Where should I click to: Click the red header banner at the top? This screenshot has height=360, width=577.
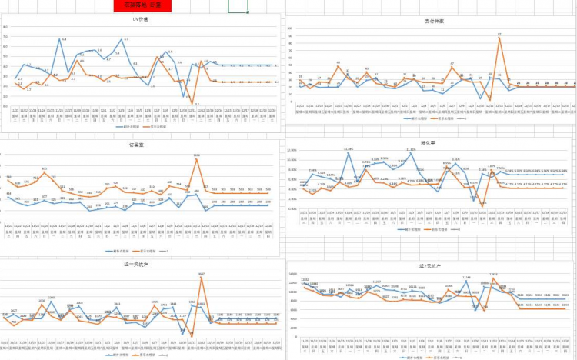[141, 5]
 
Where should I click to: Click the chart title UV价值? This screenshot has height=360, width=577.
[141, 20]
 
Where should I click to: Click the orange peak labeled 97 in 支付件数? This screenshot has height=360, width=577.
[499, 38]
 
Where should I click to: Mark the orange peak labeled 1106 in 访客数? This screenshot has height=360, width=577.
[197, 159]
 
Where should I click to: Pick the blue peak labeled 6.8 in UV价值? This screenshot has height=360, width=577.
[64, 42]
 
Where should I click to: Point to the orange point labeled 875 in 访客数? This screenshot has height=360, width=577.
[45, 172]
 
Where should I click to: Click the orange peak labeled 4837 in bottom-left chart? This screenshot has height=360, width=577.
[201, 277]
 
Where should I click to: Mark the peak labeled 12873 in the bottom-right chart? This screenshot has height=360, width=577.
[493, 277]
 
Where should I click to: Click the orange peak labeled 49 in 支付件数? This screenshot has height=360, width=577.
[337, 66]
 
